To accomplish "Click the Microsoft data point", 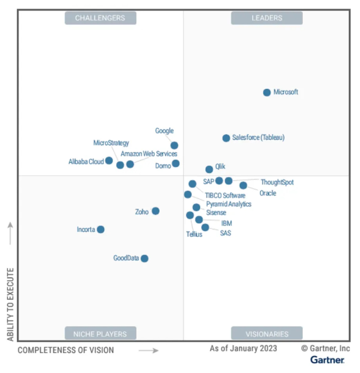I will pyautogui.click(x=267, y=93).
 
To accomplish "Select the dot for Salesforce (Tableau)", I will pyautogui.click(x=226, y=138).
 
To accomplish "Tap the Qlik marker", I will pyautogui.click(x=209, y=170).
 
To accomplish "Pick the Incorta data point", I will pyautogui.click(x=101, y=230).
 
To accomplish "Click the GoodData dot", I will pyautogui.click(x=145, y=258).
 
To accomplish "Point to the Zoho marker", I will pyautogui.click(x=155, y=211).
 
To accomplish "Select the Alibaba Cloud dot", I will pyautogui.click(x=109, y=161).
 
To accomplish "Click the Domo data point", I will pyautogui.click(x=176, y=164).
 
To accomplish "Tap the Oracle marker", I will pyautogui.click(x=243, y=185).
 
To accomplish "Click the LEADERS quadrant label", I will pyautogui.click(x=267, y=18).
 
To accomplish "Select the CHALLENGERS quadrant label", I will pyautogui.click(x=100, y=18).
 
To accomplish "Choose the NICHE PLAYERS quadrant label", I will pyautogui.click(x=100, y=334).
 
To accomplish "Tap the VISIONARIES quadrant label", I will pyautogui.click(x=267, y=334).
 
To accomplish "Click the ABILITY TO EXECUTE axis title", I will pyautogui.click(x=11, y=304).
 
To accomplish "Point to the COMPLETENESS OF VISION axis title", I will pyautogui.click(x=66, y=350).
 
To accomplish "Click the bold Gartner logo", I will pyautogui.click(x=327, y=360).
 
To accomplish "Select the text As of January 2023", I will pyautogui.click(x=243, y=348).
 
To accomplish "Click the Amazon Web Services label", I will pyautogui.click(x=149, y=154).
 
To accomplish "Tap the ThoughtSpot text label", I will pyautogui.click(x=277, y=182).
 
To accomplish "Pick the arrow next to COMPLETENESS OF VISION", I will pyautogui.click(x=149, y=350).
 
